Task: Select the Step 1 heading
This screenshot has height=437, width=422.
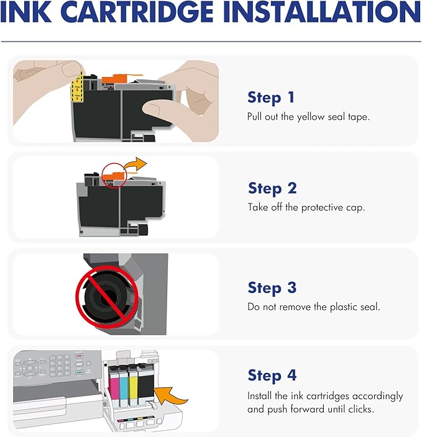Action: pos(272,97)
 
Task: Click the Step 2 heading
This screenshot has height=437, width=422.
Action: pos(272,188)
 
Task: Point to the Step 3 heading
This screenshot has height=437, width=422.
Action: pos(272,288)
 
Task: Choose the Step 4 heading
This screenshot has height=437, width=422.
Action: pos(272,376)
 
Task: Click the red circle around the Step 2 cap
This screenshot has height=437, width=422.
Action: pos(113,176)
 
